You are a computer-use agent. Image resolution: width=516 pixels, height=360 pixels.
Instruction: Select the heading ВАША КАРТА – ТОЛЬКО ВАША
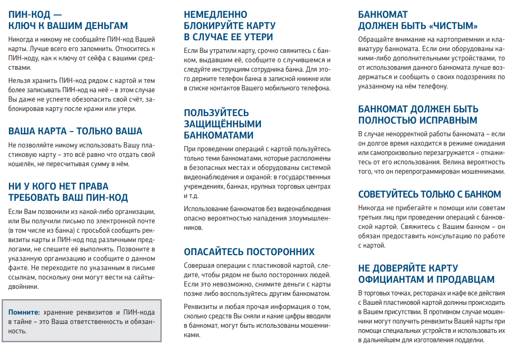(x=75, y=131)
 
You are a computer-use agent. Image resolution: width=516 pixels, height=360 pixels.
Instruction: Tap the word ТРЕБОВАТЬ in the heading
(x=36, y=198)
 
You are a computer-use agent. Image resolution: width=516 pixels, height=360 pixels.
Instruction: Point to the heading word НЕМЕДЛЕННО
(x=216, y=15)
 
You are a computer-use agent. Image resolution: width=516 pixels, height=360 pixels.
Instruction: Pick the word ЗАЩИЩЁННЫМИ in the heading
(x=223, y=124)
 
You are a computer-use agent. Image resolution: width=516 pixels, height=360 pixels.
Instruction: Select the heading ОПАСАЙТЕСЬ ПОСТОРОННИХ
(x=249, y=252)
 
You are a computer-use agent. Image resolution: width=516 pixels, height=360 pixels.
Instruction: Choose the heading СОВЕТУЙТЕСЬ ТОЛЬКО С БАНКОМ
(x=429, y=194)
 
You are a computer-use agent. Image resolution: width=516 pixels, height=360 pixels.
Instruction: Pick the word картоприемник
(x=451, y=39)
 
